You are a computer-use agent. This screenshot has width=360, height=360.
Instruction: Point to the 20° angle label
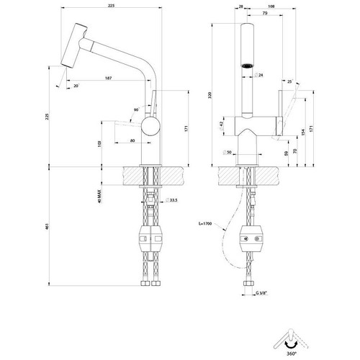(x=77, y=86)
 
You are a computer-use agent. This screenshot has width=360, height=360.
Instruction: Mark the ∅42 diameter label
(x=222, y=124)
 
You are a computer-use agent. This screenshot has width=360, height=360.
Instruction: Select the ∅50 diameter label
(x=229, y=153)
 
